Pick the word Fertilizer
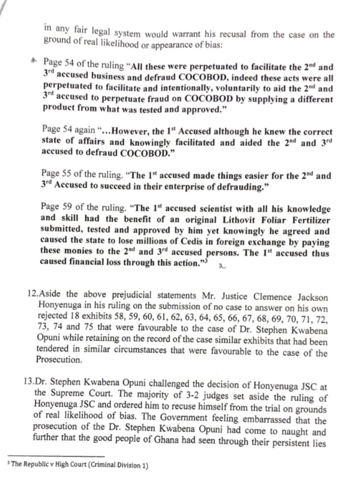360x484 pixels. pyautogui.click(x=308, y=220)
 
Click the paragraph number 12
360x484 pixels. pyautogui.click(x=32, y=296)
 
